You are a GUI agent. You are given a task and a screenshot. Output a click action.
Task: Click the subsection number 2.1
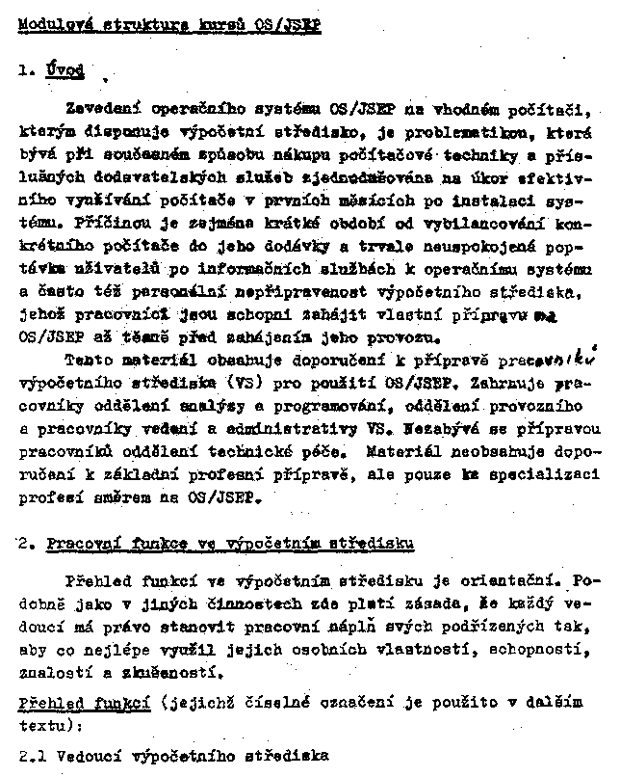click(x=34, y=754)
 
